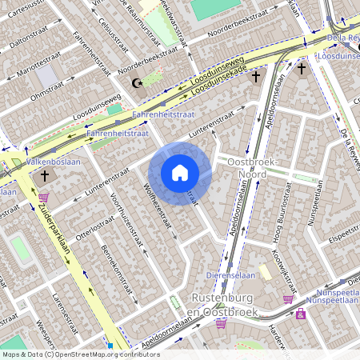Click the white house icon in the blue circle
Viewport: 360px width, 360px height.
(180, 173)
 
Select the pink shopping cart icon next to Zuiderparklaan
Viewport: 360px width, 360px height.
(43, 197)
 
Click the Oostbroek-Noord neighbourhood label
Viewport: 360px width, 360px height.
(247, 169)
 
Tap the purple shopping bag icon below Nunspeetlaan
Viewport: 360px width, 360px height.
(301, 314)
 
